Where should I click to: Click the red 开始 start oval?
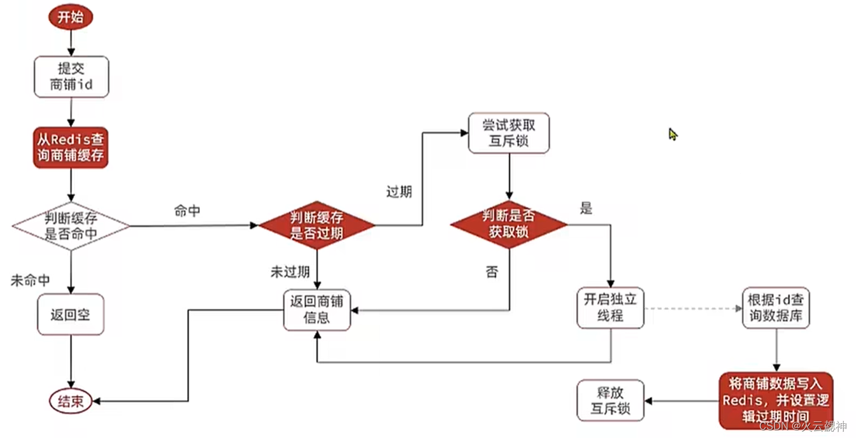tap(70, 17)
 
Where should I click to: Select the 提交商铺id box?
tap(71, 76)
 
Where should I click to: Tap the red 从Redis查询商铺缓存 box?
tap(71, 147)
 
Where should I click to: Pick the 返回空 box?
tap(70, 314)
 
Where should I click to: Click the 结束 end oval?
tap(70, 401)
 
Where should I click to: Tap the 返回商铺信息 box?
tap(317, 309)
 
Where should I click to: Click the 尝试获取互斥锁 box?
tap(508, 133)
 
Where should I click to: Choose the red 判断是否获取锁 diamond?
tap(508, 224)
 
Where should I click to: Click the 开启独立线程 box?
tap(610, 308)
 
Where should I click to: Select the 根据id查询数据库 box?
tap(776, 308)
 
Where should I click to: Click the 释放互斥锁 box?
tap(610, 400)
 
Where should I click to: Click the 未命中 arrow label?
tap(30, 280)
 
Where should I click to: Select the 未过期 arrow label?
tap(290, 272)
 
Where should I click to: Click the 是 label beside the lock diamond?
tap(586, 208)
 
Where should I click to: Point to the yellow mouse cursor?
tap(673, 134)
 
